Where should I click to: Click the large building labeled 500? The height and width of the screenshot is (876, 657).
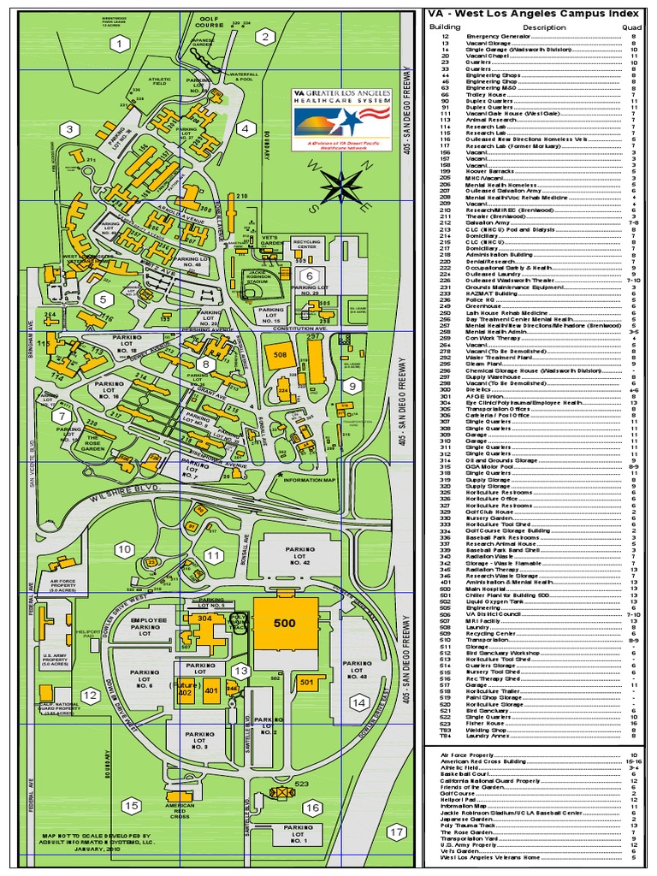click(x=285, y=624)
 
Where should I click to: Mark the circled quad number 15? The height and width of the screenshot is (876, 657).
click(x=131, y=805)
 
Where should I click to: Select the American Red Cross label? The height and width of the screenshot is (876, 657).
click(x=181, y=810)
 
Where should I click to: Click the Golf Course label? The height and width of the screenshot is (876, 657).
click(x=210, y=20)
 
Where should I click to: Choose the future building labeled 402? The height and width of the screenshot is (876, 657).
click(x=185, y=693)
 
